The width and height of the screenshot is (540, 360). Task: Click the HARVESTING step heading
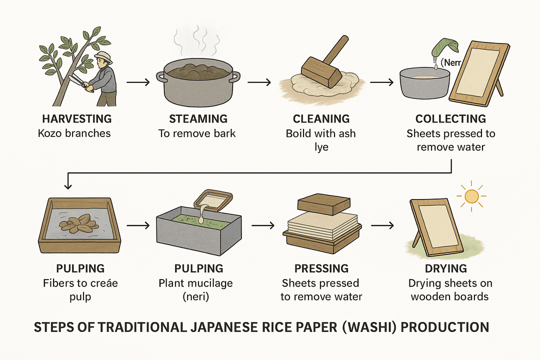(x=77, y=119)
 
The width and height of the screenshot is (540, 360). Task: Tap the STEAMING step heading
(x=198, y=119)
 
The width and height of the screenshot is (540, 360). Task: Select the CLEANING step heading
(x=321, y=119)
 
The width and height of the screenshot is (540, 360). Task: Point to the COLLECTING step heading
(x=450, y=119)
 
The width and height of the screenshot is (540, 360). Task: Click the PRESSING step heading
(x=321, y=268)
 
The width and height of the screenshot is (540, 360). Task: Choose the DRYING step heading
(x=446, y=268)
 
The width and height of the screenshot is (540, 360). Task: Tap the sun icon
(x=471, y=196)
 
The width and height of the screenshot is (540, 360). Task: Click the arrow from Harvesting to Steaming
(x=138, y=82)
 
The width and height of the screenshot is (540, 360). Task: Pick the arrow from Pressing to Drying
(x=382, y=225)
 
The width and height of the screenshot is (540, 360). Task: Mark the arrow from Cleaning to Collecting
(x=381, y=82)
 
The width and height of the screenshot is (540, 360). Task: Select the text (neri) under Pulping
(x=195, y=297)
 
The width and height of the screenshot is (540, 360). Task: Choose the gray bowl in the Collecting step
(x=425, y=83)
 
